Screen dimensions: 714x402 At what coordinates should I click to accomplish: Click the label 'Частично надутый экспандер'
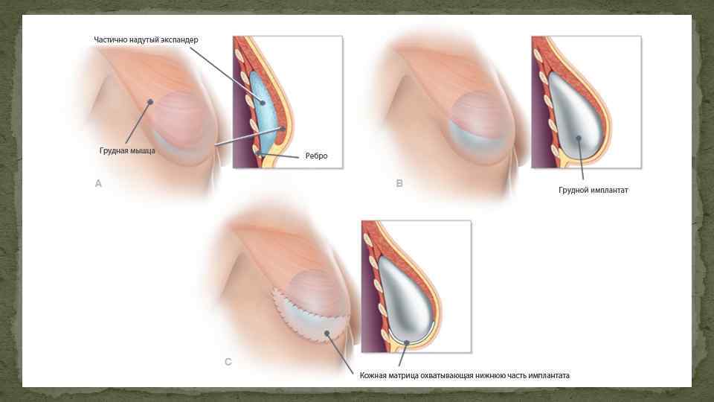pos(147,39)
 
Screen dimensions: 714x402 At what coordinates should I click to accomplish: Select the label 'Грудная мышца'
pos(127,150)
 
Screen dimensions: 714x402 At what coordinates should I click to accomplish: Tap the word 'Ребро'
pos(315,156)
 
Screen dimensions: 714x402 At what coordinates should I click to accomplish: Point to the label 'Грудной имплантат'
pos(594,190)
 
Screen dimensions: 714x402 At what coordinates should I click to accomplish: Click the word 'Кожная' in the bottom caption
pos(375,376)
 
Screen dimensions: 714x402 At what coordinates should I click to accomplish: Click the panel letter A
pos(98,183)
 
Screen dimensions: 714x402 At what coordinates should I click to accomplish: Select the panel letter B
pos(399,183)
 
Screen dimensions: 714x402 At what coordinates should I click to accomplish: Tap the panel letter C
pos(228,363)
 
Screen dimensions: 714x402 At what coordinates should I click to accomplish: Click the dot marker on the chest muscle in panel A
pos(150,103)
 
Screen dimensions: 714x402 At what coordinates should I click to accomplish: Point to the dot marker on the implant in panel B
pos(577,138)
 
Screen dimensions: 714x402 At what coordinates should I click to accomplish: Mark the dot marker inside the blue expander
pos(263,103)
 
